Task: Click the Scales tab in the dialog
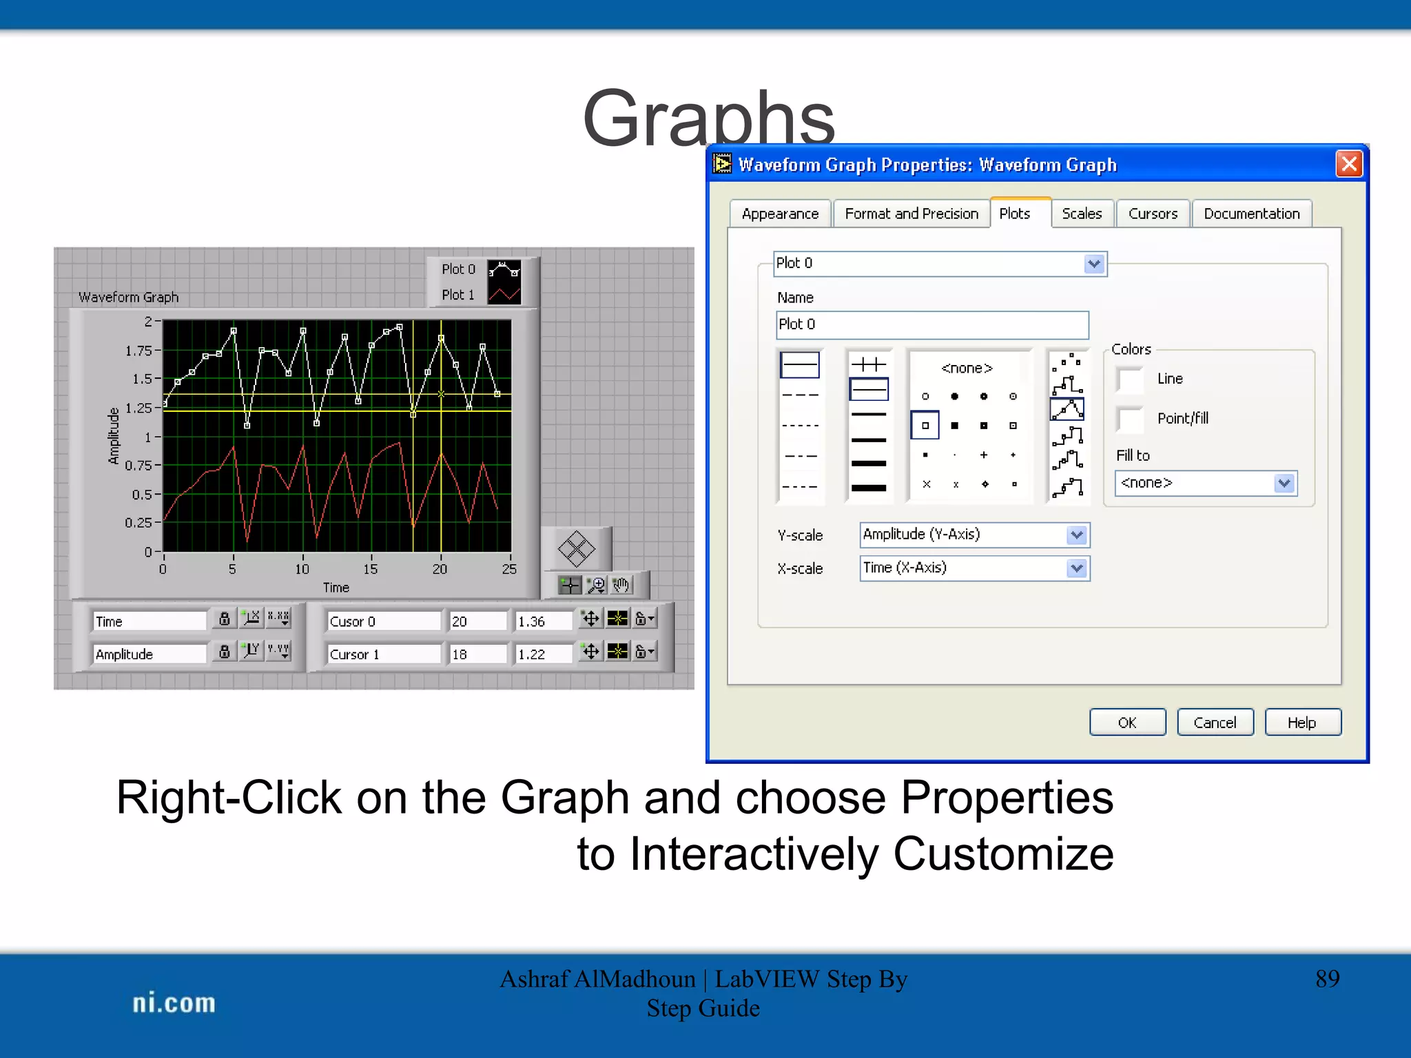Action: click(x=1081, y=214)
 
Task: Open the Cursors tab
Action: click(x=1153, y=214)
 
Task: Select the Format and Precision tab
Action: click(x=911, y=214)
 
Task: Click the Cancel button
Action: click(x=1215, y=723)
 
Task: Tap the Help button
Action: click(x=1301, y=723)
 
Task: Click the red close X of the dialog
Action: click(x=1348, y=164)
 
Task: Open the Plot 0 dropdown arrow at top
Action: click(x=1094, y=264)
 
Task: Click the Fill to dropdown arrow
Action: click(x=1284, y=484)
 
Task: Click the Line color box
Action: click(x=1130, y=379)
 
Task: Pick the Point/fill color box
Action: click(x=1130, y=419)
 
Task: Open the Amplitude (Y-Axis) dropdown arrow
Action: click(x=1076, y=535)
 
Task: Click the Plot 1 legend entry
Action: click(x=458, y=295)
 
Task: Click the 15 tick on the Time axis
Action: click(x=371, y=569)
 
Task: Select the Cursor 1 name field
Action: click(x=382, y=654)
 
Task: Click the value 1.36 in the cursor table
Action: click(x=532, y=621)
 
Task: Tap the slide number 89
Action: click(x=1327, y=979)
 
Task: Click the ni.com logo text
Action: click(x=174, y=1003)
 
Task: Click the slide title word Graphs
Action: click(x=708, y=118)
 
